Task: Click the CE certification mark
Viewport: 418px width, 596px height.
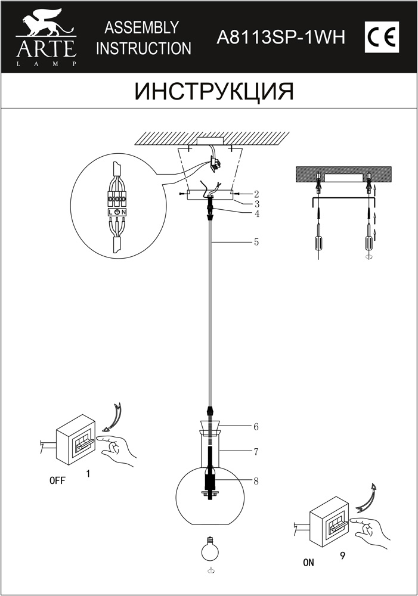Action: point(382,37)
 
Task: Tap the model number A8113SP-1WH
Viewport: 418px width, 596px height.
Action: point(281,37)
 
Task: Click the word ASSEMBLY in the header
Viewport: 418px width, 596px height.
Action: point(142,27)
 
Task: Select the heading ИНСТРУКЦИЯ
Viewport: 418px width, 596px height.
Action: point(214,92)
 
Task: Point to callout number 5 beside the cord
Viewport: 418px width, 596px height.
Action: point(256,242)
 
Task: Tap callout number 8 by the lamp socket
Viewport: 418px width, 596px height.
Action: point(256,481)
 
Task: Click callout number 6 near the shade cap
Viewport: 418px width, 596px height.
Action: point(256,427)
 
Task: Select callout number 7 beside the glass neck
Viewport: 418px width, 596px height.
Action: point(256,452)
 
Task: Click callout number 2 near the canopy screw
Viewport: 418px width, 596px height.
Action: point(257,194)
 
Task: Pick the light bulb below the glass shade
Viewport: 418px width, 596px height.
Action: point(209,549)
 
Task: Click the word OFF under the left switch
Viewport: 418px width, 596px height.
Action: point(57,480)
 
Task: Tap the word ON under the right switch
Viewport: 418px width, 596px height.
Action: point(308,563)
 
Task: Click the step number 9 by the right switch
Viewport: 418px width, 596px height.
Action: point(343,555)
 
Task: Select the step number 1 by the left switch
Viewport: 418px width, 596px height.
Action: point(88,474)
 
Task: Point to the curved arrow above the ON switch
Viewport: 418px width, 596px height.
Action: point(367,497)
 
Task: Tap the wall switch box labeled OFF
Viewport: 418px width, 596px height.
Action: point(76,440)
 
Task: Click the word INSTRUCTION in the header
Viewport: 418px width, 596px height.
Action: point(143,48)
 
